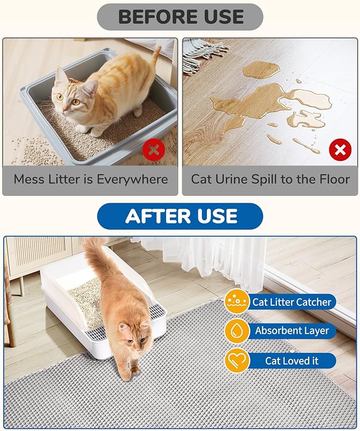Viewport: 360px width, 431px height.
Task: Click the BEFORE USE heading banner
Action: (x=180, y=17)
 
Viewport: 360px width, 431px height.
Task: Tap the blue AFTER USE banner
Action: (x=180, y=217)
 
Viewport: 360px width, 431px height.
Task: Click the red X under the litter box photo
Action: (x=154, y=150)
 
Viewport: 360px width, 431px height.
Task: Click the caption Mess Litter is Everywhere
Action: (x=91, y=179)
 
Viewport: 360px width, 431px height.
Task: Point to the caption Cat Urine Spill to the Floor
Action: (x=270, y=179)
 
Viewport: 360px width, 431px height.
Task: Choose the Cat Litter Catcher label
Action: (x=291, y=302)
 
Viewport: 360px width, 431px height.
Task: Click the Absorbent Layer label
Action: (x=291, y=331)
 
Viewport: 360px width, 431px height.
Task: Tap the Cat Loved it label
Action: (x=291, y=360)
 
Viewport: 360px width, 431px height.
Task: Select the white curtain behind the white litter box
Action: (x=212, y=260)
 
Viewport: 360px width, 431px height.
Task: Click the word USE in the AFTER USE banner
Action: (x=215, y=217)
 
